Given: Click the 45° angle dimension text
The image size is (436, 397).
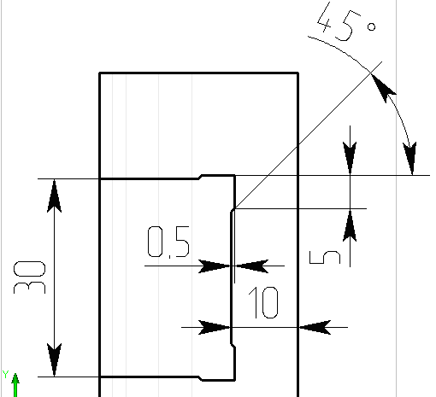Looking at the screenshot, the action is [346, 22].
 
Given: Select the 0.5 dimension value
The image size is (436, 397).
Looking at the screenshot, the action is [168, 242].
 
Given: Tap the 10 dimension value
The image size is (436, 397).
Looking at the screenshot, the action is [263, 302].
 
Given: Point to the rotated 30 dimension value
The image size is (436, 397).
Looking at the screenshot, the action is [29, 277].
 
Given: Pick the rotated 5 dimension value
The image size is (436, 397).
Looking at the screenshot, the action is [325, 257].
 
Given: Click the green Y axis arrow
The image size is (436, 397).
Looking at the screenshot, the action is [15, 385].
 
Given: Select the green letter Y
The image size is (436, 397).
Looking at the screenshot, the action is [6, 375].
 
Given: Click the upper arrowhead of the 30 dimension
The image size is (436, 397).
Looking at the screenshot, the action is [54, 196].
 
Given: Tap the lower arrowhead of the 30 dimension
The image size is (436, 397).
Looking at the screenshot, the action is [54, 359].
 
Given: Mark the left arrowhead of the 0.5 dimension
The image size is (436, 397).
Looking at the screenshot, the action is [215, 266].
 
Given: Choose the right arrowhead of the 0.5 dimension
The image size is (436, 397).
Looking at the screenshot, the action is [251, 266].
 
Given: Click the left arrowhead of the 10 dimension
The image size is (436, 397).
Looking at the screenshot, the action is [215, 328].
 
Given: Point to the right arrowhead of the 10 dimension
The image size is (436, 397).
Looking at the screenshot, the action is [315, 328].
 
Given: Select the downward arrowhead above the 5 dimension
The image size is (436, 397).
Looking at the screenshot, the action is [350, 159].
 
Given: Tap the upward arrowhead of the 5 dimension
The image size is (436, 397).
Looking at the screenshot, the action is [350, 225].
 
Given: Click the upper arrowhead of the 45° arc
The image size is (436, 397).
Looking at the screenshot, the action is [383, 88].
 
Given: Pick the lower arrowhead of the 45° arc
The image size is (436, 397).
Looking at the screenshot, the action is [410, 159].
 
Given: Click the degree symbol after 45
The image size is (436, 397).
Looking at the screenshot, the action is [372, 27].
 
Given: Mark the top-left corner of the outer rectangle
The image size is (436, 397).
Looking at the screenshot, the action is [99, 73].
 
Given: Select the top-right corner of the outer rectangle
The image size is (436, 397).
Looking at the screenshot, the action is [298, 73].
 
